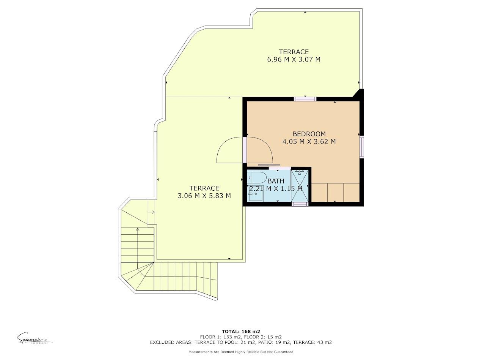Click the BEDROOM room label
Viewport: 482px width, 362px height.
pos(309,134)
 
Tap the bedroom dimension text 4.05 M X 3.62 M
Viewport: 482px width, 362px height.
pos(309,142)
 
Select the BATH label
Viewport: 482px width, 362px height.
pos(276,181)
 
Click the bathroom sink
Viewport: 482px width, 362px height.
pos(254,196)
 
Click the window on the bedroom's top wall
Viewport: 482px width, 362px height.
pos(305,99)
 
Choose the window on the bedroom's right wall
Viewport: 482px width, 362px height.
pos(362,147)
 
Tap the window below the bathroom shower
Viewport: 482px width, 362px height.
pos(300,204)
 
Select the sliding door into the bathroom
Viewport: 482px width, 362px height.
pos(269,165)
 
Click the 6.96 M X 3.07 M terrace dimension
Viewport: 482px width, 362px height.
pos(294,59)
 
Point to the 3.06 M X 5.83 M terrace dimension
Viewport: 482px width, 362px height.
pos(204,196)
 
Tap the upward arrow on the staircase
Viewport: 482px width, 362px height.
pos(137,229)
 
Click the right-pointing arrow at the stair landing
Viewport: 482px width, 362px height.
pos(152,212)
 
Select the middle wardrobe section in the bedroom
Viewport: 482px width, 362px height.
pos(335,193)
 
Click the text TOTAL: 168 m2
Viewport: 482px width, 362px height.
pos(240,331)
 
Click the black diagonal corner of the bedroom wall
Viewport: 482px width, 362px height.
pos(359,94)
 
